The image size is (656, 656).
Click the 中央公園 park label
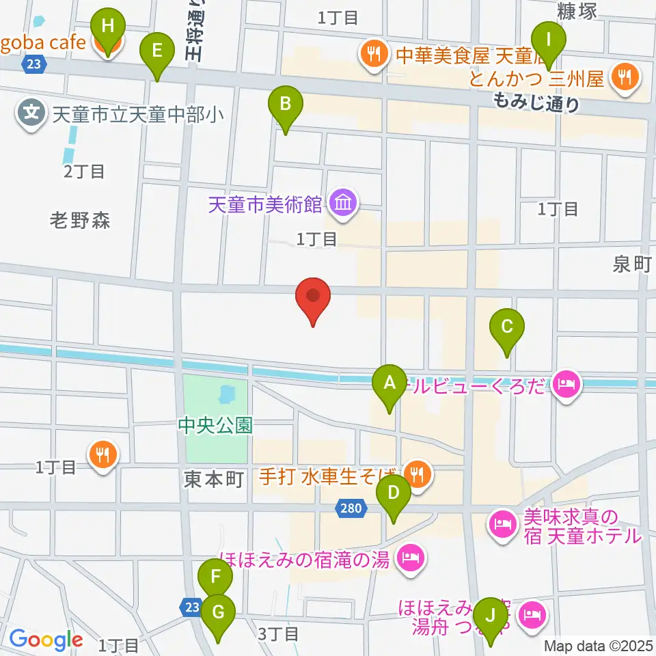point(215,426)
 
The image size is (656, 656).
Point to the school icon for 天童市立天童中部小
point(32,110)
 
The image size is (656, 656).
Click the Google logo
point(46,639)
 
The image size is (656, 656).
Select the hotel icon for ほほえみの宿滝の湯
point(410,559)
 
